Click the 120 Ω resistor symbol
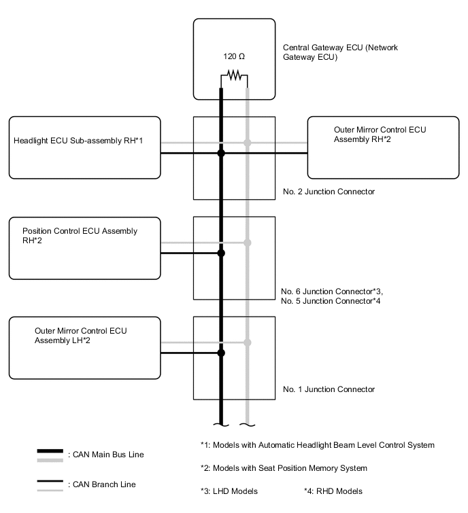[234, 76]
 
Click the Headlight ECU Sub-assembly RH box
[84, 147]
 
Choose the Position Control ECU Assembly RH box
[84, 247]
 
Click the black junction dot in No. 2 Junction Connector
[221, 154]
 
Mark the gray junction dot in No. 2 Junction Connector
[247, 143]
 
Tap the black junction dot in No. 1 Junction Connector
[221, 353]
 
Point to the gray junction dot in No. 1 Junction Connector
[247, 342]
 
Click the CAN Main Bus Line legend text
[106, 454]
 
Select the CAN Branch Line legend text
[101, 484]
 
